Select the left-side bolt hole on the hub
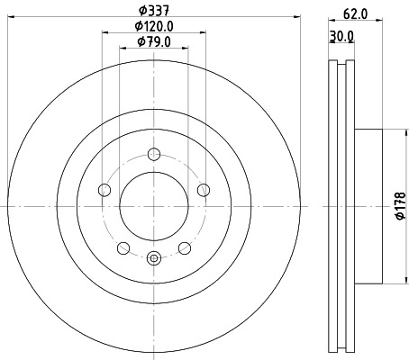tap(104, 190)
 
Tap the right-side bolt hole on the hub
tap(204, 189)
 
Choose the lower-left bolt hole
tap(123, 247)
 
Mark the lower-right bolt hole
tap(185, 247)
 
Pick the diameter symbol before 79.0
tap(140, 42)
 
